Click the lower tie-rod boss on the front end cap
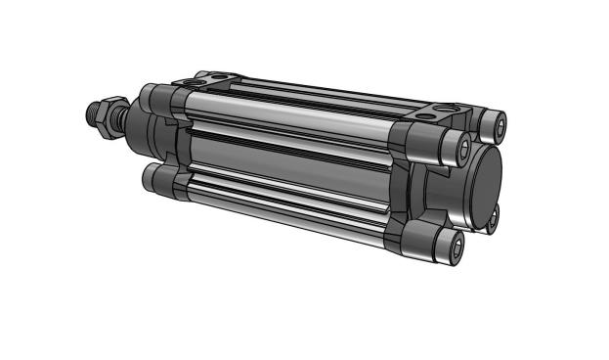(x=156, y=178)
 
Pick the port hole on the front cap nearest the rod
(x=203, y=78)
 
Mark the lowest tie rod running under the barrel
(x=283, y=219)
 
